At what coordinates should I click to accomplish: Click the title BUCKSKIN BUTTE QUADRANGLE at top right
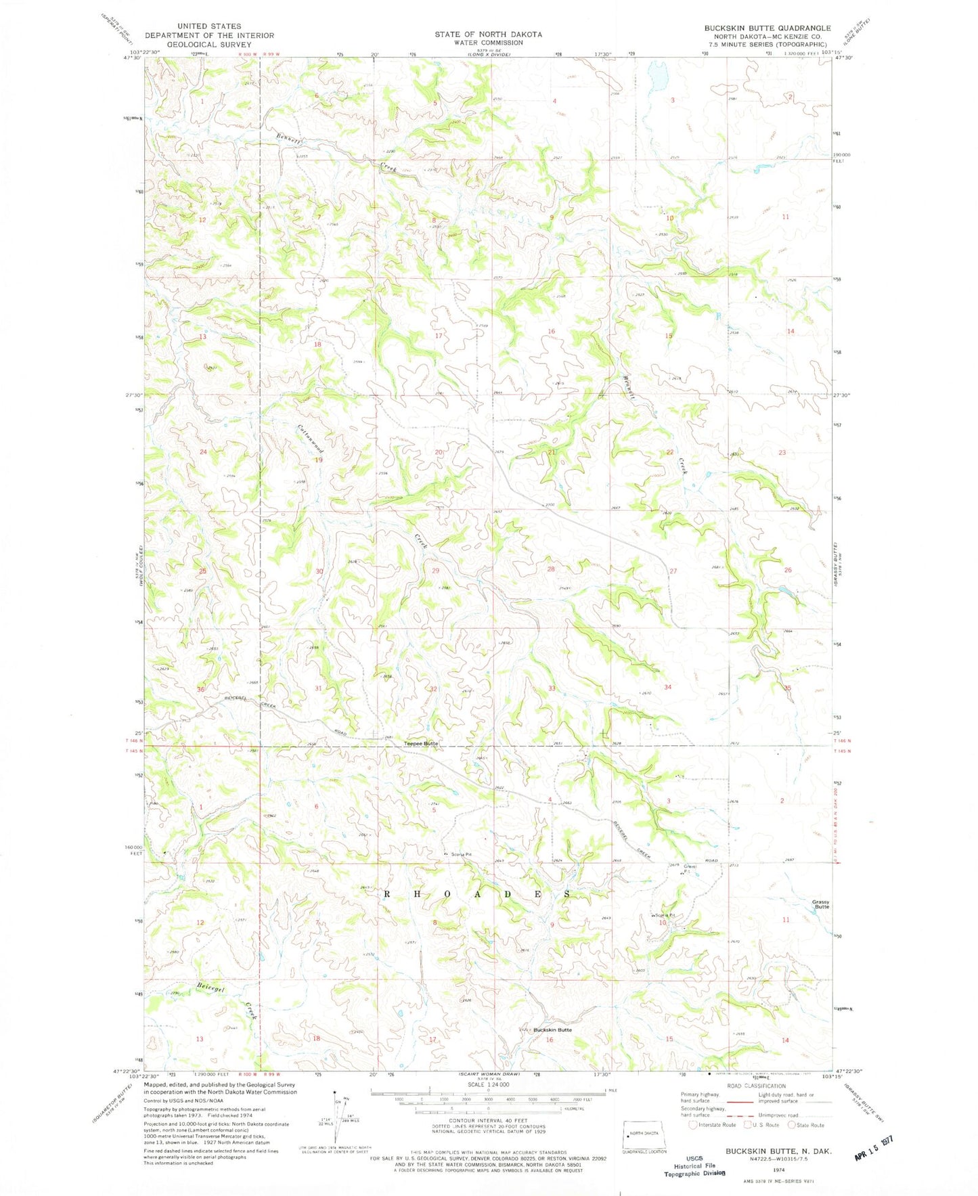tap(767, 28)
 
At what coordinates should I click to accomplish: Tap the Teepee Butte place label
tap(421, 743)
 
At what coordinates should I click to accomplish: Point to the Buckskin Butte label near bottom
tap(552, 1029)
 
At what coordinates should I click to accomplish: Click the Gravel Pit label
tap(689, 868)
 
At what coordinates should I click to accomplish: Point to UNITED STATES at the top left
tap(208, 26)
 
